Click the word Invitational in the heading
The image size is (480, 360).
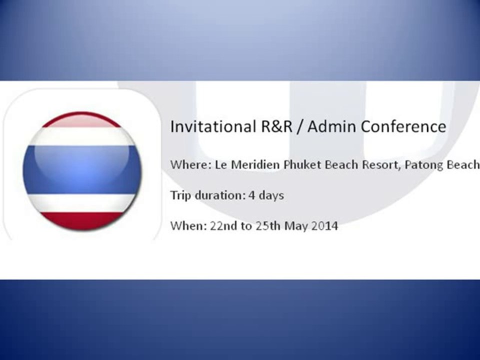pos(213,126)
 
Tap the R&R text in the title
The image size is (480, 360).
pos(276,126)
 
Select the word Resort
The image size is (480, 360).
pos(381,165)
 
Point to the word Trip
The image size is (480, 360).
pos(181,195)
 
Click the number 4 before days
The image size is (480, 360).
pos(251,195)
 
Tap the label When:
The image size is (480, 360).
pos(188,226)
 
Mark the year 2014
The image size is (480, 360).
pos(325,226)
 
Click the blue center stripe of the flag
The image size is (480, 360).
pos(82,169)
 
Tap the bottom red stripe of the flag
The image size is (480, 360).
pos(82,220)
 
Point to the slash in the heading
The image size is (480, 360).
pos(300,126)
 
